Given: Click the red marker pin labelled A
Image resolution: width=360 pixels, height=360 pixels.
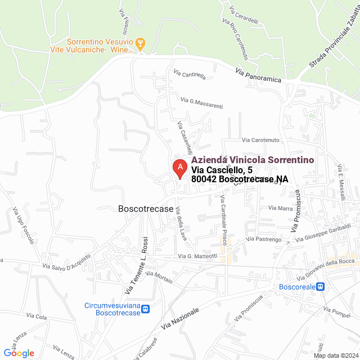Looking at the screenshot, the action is click(x=179, y=168).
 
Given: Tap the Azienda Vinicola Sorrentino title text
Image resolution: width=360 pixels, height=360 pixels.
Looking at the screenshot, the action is click(x=251, y=160).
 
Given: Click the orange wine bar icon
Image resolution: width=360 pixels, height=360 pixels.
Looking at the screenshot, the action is click(x=141, y=43).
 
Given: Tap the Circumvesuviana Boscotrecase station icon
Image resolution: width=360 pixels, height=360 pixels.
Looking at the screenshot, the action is click(x=146, y=308).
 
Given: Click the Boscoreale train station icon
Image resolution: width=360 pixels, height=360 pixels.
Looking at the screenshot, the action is click(x=320, y=286).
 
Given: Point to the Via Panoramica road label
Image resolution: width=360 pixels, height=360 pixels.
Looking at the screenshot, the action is click(x=258, y=75).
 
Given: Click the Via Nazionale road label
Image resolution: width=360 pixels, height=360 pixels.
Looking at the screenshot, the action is click(x=180, y=319).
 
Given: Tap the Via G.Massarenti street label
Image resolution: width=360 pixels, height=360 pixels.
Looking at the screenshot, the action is click(x=202, y=103).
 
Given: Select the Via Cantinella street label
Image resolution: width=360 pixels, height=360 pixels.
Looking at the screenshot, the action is click(x=190, y=75).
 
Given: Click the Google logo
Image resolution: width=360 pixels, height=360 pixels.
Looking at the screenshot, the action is click(x=19, y=353).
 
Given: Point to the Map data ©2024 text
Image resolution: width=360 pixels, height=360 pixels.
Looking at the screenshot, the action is click(x=336, y=355).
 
